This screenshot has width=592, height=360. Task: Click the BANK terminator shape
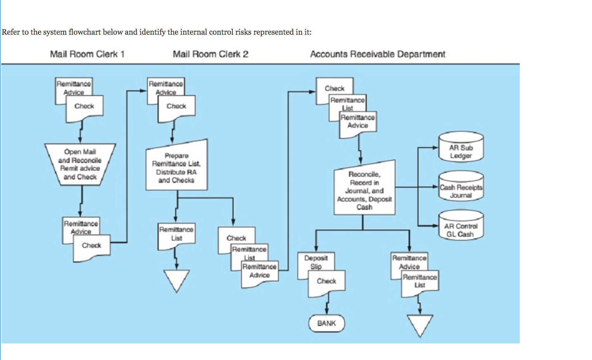click(x=326, y=323)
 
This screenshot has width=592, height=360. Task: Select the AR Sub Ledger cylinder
click(x=461, y=147)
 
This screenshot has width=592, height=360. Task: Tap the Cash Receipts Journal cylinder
click(x=461, y=187)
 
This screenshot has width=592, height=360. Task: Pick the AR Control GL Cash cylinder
click(x=461, y=226)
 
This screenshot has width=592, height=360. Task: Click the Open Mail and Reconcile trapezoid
click(x=80, y=164)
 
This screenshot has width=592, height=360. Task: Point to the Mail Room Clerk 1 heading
click(x=87, y=54)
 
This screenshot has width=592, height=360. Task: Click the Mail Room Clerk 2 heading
click(x=211, y=54)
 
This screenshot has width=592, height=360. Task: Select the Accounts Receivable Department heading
click(x=377, y=54)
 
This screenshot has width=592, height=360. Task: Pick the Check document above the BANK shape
click(x=327, y=282)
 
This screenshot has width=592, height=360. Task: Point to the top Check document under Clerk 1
click(x=84, y=107)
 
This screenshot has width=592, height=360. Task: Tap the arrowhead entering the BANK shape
click(x=327, y=312)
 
